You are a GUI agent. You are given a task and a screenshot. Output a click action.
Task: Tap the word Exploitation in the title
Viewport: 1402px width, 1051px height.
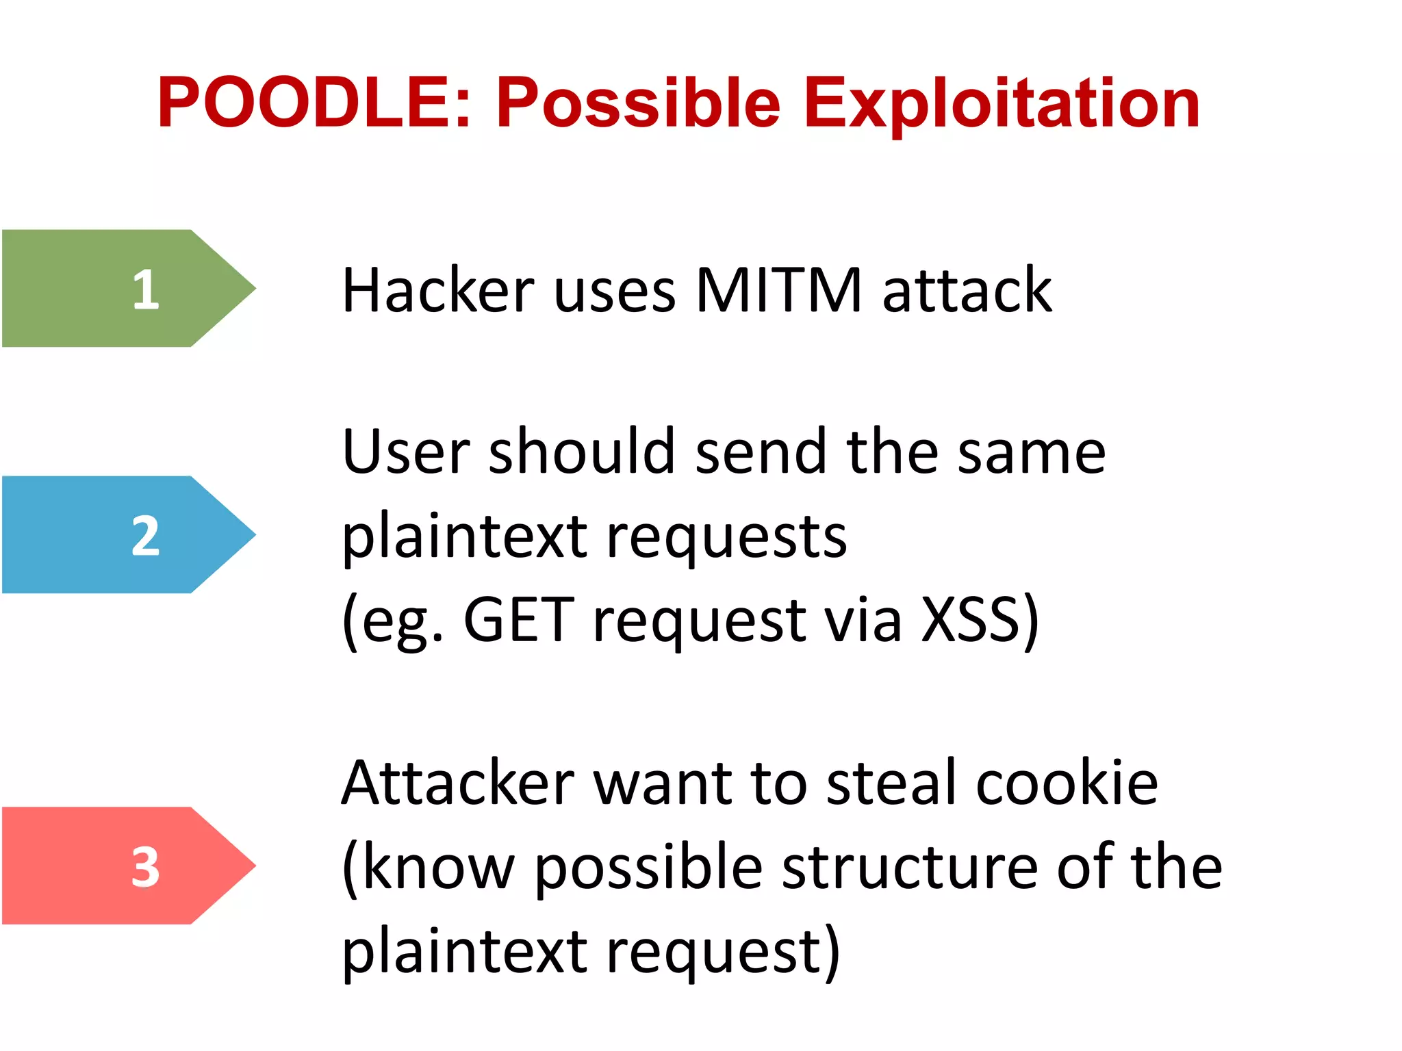(x=1001, y=104)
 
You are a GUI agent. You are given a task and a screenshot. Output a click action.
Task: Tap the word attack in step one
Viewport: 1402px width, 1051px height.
(x=967, y=290)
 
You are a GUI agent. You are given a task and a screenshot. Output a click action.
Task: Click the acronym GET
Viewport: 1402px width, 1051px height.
(x=518, y=620)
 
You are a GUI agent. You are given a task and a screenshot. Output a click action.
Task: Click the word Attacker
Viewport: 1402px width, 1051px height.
(x=458, y=783)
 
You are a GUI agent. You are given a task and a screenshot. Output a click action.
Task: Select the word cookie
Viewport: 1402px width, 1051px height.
(x=1067, y=783)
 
